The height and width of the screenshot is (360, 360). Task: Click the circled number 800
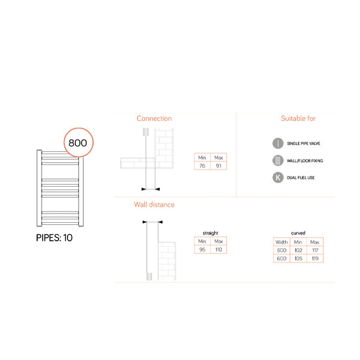78,142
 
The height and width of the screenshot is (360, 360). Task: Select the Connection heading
154,119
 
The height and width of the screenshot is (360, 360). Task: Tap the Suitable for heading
298,119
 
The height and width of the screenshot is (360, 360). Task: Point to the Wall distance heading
154,205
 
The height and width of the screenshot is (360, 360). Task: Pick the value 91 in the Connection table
219,166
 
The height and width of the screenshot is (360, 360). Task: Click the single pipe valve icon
277,143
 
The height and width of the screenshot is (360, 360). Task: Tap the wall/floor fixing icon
277,161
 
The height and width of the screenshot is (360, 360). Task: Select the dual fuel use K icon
277,178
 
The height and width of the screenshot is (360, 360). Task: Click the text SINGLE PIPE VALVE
304,143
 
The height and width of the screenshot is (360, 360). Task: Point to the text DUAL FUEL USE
301,178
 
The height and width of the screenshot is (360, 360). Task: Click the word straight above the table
210,232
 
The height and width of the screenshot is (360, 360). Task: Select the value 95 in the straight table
202,249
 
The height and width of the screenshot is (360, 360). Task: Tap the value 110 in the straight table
219,249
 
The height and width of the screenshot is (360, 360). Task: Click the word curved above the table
298,232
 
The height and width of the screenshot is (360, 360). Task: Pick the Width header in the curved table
281,241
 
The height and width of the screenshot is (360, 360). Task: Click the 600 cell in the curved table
281,258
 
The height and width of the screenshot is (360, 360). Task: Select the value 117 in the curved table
314,250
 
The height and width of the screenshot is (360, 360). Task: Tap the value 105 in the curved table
298,258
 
